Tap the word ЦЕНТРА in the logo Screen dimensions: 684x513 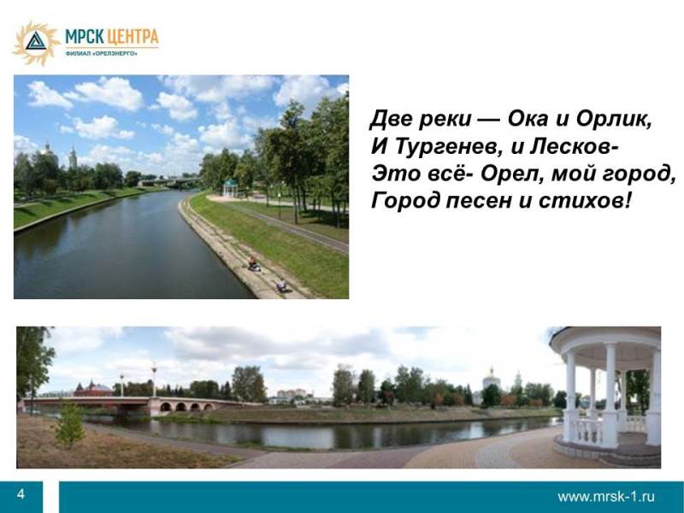(133, 37)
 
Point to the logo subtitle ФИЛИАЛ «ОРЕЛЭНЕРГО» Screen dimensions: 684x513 (101, 53)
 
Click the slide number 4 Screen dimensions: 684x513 (21, 494)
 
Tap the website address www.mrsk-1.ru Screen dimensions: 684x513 (606, 496)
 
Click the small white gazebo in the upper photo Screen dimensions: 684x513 (229, 187)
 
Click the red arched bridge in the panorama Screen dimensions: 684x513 (127, 404)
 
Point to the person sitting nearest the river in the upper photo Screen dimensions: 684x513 (252, 263)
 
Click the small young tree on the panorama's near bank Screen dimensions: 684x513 (69, 426)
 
